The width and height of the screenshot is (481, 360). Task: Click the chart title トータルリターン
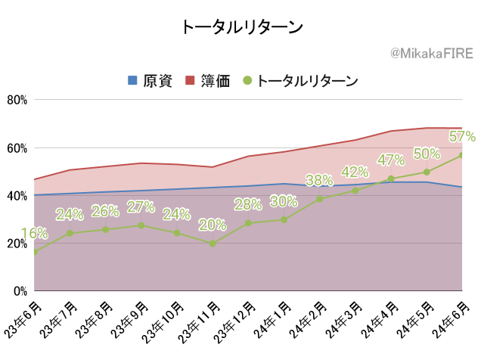click(242, 27)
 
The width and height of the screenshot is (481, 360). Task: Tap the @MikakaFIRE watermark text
click(432, 54)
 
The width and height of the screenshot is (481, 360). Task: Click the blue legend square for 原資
click(132, 80)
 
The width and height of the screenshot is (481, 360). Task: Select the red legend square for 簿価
click(190, 80)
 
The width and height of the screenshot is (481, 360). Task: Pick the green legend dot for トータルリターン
click(247, 80)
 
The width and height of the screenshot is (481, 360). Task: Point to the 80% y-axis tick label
click(17, 100)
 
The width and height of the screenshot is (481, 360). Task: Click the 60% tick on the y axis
click(17, 148)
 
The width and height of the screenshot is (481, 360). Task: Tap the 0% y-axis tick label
click(20, 291)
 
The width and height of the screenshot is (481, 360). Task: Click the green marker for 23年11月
click(213, 244)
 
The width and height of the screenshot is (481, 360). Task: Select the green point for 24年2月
click(319, 199)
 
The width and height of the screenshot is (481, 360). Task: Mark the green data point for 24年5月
click(427, 172)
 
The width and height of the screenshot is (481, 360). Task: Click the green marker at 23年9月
click(141, 225)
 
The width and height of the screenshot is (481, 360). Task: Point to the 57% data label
click(462, 136)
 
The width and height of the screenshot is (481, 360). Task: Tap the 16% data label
click(34, 234)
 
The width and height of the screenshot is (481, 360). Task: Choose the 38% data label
click(319, 180)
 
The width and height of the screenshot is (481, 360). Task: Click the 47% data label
click(391, 160)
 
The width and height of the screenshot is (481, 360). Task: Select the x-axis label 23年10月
click(163, 322)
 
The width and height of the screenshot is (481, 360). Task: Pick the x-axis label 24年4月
click(379, 320)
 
